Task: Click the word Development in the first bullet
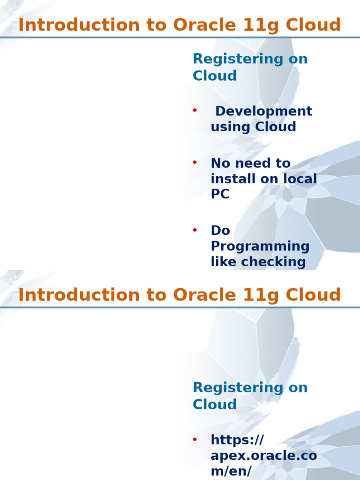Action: [x=263, y=111]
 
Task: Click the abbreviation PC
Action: [x=220, y=194]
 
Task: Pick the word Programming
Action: [x=260, y=246]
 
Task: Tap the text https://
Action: [x=237, y=440]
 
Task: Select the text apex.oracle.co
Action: [x=264, y=455]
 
